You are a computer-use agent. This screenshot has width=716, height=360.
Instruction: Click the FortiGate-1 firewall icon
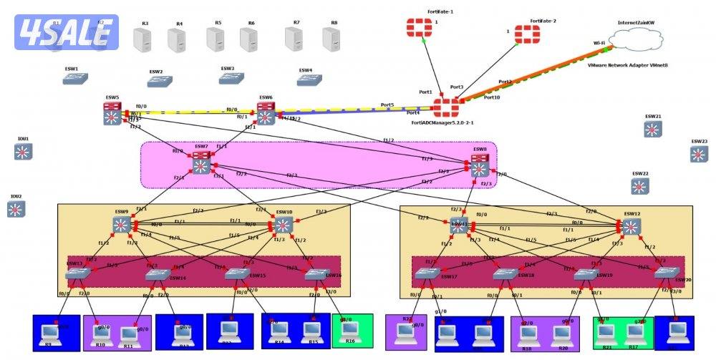[415, 27]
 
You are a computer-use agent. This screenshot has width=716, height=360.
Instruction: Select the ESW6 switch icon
[266, 113]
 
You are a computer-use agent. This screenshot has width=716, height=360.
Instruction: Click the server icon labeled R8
[331, 39]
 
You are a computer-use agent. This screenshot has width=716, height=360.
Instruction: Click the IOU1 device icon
[24, 151]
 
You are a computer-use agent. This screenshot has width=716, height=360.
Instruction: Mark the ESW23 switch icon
[699, 154]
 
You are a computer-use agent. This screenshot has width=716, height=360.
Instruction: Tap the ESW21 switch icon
[652, 129]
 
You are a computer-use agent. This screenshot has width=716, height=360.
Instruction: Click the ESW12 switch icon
[631, 226]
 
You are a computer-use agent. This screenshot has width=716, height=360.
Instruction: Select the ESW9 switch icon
[120, 225]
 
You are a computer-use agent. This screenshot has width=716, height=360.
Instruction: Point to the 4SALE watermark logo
[64, 31]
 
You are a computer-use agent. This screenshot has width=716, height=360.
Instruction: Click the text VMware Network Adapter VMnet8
[627, 65]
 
